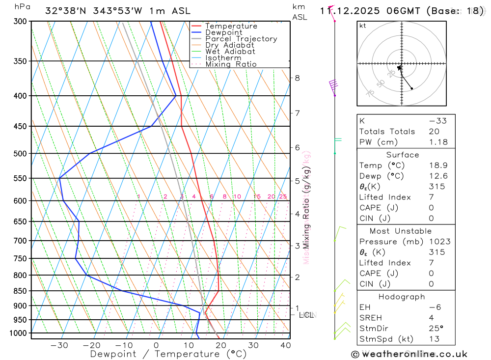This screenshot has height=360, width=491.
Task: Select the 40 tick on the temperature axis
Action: [x=285, y=345]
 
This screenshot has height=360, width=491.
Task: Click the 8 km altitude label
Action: [x=297, y=78]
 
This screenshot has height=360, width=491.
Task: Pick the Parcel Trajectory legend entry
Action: [x=241, y=39]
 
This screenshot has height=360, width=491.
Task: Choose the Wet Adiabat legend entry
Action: [x=230, y=52]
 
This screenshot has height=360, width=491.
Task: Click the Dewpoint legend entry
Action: [x=224, y=32]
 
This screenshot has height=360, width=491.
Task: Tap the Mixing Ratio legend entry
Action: [x=231, y=64]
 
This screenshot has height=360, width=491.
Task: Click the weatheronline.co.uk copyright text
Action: [x=409, y=354]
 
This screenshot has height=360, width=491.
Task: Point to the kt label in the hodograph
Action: [x=363, y=26]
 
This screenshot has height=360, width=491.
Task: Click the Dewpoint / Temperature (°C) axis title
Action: [x=168, y=354]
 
